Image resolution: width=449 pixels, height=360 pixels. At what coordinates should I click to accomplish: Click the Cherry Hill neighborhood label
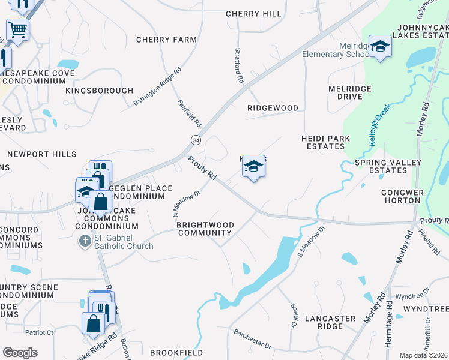coord(253,14)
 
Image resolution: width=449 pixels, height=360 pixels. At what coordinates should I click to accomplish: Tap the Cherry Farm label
coord(166,40)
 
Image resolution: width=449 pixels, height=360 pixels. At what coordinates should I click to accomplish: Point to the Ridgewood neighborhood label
coord(273,108)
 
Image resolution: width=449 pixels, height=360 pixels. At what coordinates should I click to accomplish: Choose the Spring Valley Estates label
coord(381,166)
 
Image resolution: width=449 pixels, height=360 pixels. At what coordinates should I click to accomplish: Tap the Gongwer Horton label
coord(403,197)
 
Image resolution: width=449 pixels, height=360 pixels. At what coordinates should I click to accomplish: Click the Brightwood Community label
coord(205,229)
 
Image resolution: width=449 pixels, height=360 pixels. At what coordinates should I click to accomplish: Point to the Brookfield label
coord(176,353)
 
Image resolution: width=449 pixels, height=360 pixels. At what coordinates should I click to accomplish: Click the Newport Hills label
coord(42,154)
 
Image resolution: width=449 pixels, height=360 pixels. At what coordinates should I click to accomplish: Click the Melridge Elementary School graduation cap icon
coord(380,47)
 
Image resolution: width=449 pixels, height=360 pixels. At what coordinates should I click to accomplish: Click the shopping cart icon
coord(17,28)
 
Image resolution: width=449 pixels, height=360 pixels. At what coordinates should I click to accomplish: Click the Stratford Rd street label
coord(239,66)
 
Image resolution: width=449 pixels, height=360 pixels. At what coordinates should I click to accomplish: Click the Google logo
coord(20,353)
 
